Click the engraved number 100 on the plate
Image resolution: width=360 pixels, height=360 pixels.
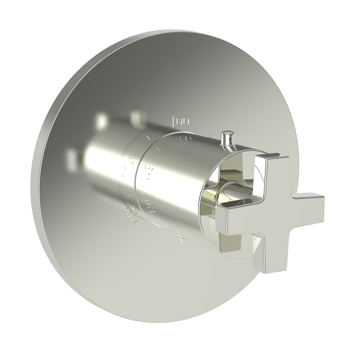click(x=180, y=122)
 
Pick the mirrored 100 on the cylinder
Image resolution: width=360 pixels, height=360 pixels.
click(x=182, y=139)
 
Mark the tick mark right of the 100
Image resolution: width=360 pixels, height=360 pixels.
click(x=211, y=135)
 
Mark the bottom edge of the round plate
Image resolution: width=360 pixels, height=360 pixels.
click(x=173, y=320)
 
